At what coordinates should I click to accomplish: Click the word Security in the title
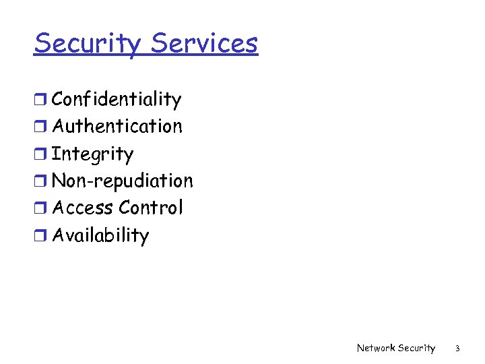coord(88,44)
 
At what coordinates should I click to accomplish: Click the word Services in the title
coord(204,43)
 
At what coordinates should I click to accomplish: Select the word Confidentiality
coord(117,100)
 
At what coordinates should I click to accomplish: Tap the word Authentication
coord(117,127)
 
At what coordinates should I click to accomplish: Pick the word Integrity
coord(93,154)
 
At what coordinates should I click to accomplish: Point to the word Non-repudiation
coord(123,181)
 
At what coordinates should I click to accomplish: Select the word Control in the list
coord(150,208)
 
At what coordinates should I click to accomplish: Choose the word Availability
coord(100,235)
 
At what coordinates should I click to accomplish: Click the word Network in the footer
coord(376,348)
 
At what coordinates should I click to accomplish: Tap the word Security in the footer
coord(416,348)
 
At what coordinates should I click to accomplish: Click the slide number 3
coord(457,348)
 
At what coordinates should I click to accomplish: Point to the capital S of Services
coord(160,43)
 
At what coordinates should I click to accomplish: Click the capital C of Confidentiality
coord(59,100)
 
